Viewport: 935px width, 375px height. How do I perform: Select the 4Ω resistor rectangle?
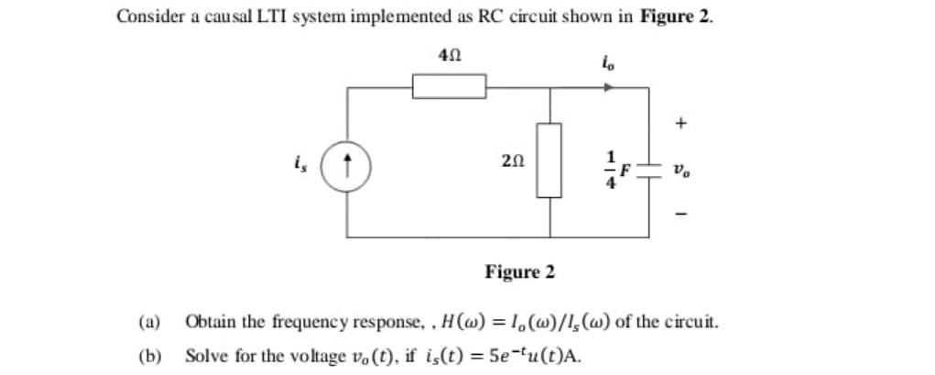(x=448, y=88)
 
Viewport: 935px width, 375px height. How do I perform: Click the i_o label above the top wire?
(x=608, y=62)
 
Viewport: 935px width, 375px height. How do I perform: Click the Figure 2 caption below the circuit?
(x=519, y=272)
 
